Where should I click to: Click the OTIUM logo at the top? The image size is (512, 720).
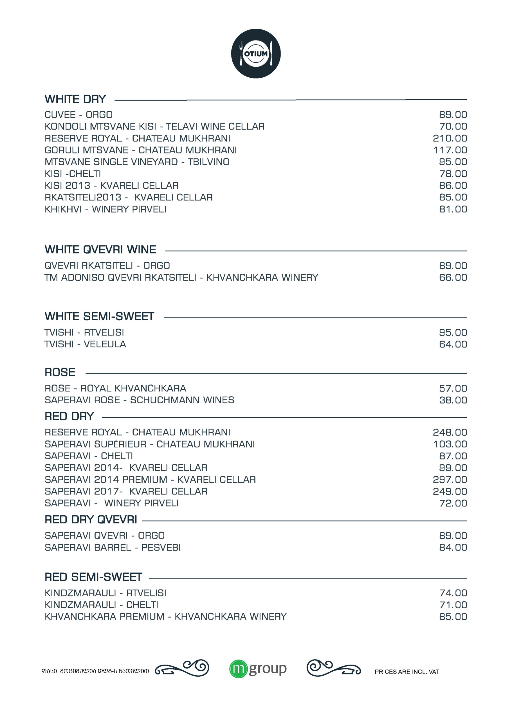[256, 53]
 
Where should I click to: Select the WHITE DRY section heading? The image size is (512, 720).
[75, 99]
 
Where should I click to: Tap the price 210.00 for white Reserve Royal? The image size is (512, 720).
[450, 138]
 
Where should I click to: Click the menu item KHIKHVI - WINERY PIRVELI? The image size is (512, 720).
[105, 209]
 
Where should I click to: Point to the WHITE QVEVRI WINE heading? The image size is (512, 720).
[100, 249]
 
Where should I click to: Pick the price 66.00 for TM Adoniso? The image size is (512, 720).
[453, 278]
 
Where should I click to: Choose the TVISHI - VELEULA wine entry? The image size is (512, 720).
[85, 344]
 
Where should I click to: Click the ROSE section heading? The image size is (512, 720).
[60, 372]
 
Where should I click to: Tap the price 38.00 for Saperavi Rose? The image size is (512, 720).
[453, 400]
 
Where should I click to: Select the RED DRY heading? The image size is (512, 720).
[69, 416]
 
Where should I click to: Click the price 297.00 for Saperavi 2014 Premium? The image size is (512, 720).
[450, 480]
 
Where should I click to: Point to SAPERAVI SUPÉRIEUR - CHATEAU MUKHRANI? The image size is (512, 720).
[150, 444]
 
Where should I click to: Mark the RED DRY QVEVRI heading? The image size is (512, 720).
[91, 519]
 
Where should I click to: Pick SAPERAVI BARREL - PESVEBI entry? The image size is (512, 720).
[113, 548]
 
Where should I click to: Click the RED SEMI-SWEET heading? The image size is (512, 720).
[93, 577]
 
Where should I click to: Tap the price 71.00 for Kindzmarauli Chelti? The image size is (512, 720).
[453, 605]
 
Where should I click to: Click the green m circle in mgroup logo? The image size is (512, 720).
[238, 669]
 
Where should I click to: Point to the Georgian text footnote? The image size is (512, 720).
[95, 671]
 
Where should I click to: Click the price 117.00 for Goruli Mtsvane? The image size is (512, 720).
[450, 150]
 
